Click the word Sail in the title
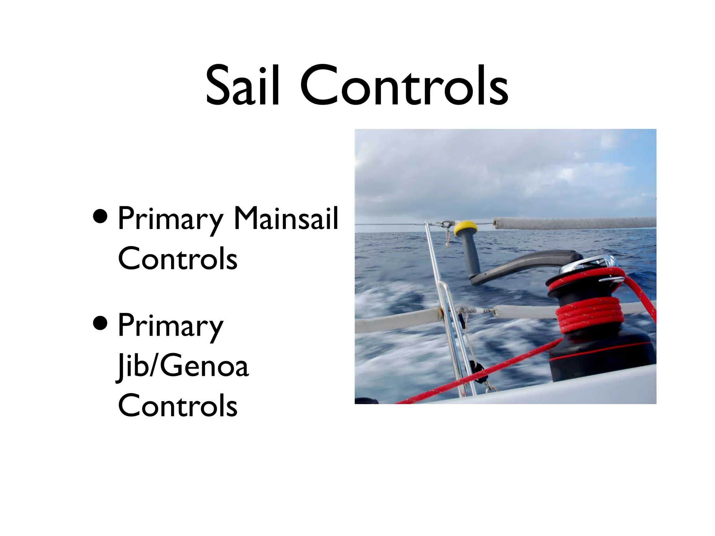pyautogui.click(x=242, y=85)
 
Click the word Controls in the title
pyautogui.click(x=404, y=85)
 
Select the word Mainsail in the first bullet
pyautogui.click(x=286, y=219)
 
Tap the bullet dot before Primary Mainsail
pyautogui.click(x=101, y=216)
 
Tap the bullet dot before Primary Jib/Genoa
pyautogui.click(x=101, y=323)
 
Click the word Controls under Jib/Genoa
pyautogui.click(x=178, y=405)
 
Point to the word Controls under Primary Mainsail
pyautogui.click(x=178, y=259)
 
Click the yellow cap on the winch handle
pyautogui.click(x=465, y=228)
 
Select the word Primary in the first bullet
pyautogui.click(x=170, y=219)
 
